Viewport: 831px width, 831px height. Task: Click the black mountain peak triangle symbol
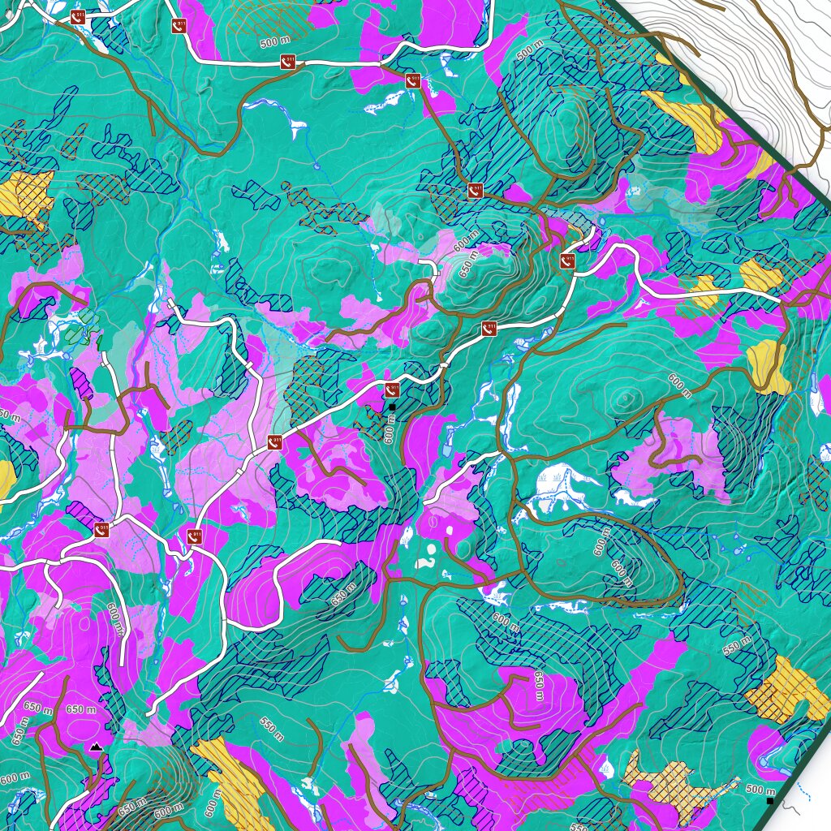click(97, 746)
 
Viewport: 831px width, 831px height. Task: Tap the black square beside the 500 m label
click(769, 801)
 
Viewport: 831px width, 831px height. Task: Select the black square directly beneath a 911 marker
click(392, 406)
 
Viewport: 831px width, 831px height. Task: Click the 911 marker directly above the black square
click(392, 390)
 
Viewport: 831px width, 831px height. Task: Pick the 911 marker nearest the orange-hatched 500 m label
click(286, 61)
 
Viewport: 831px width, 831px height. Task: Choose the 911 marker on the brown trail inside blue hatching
click(476, 191)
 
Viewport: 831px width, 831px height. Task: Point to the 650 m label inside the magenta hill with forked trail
click(536, 687)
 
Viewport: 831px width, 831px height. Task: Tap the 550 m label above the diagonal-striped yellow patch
click(271, 728)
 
